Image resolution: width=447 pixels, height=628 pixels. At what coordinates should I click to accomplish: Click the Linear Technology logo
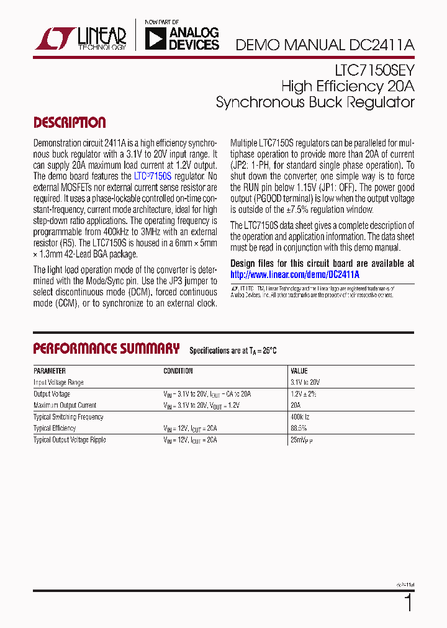point(81,39)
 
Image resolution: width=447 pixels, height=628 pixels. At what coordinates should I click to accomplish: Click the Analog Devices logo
point(181,38)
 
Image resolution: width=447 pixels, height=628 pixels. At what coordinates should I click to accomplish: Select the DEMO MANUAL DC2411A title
point(325,45)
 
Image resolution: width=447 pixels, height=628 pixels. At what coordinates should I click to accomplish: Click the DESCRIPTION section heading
point(69,122)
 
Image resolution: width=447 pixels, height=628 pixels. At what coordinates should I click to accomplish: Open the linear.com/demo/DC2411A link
point(295,274)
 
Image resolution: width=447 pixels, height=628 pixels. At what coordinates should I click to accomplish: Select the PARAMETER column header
point(50,371)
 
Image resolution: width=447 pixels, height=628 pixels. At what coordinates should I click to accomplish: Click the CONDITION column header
point(178,371)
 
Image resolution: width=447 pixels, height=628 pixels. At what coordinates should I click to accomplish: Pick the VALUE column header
point(299,371)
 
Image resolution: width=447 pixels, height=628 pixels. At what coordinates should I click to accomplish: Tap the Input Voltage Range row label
point(58,383)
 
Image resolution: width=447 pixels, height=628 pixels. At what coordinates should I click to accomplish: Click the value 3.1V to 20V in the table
point(305,383)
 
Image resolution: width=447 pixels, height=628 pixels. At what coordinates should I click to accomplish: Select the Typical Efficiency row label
point(55,428)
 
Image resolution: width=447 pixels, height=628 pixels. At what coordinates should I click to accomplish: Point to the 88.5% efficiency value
point(299,428)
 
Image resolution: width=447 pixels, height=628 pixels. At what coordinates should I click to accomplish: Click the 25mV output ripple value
point(302,440)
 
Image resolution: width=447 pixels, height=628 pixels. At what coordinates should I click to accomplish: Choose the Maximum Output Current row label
point(65,405)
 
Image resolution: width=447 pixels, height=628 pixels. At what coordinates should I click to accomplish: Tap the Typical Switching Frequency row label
point(68,417)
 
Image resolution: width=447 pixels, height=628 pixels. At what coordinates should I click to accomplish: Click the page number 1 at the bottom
point(408,603)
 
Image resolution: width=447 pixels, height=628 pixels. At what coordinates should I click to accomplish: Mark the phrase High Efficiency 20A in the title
point(348,86)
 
